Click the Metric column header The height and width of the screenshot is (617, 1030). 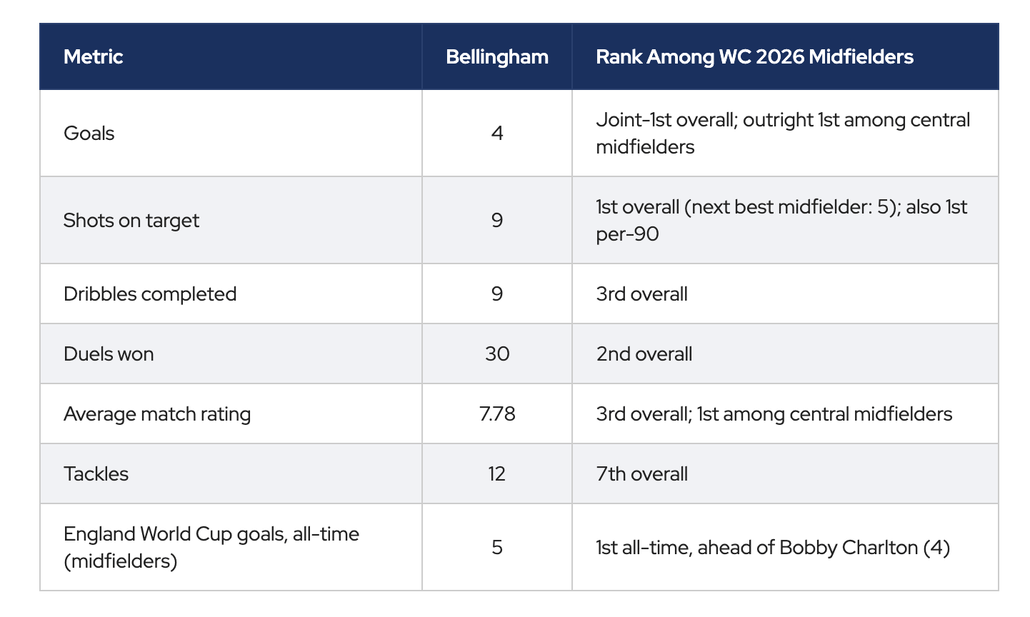tap(93, 57)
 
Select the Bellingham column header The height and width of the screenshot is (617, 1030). tap(497, 57)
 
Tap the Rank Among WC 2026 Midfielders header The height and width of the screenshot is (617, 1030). tap(754, 57)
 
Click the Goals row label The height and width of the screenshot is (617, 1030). tap(89, 134)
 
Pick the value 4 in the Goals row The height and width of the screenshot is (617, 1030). tap(497, 134)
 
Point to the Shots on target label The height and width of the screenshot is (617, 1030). tap(131, 221)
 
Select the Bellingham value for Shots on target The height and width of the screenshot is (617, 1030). tap(497, 220)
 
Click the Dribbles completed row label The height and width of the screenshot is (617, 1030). tap(150, 294)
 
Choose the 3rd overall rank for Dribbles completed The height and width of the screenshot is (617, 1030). tap(642, 294)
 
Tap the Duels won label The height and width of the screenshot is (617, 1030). tap(109, 354)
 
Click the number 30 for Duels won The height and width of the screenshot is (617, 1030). tap(497, 354)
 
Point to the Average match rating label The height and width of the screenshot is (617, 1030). tap(157, 414)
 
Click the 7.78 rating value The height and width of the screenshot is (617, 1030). tap(497, 413)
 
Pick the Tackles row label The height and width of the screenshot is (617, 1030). tap(96, 474)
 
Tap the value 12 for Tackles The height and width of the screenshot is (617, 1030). tap(497, 474)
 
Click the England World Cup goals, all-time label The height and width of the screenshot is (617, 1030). tap(211, 534)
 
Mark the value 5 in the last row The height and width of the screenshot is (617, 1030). tap(497, 548)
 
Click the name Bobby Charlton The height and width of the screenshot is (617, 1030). tap(849, 548)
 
